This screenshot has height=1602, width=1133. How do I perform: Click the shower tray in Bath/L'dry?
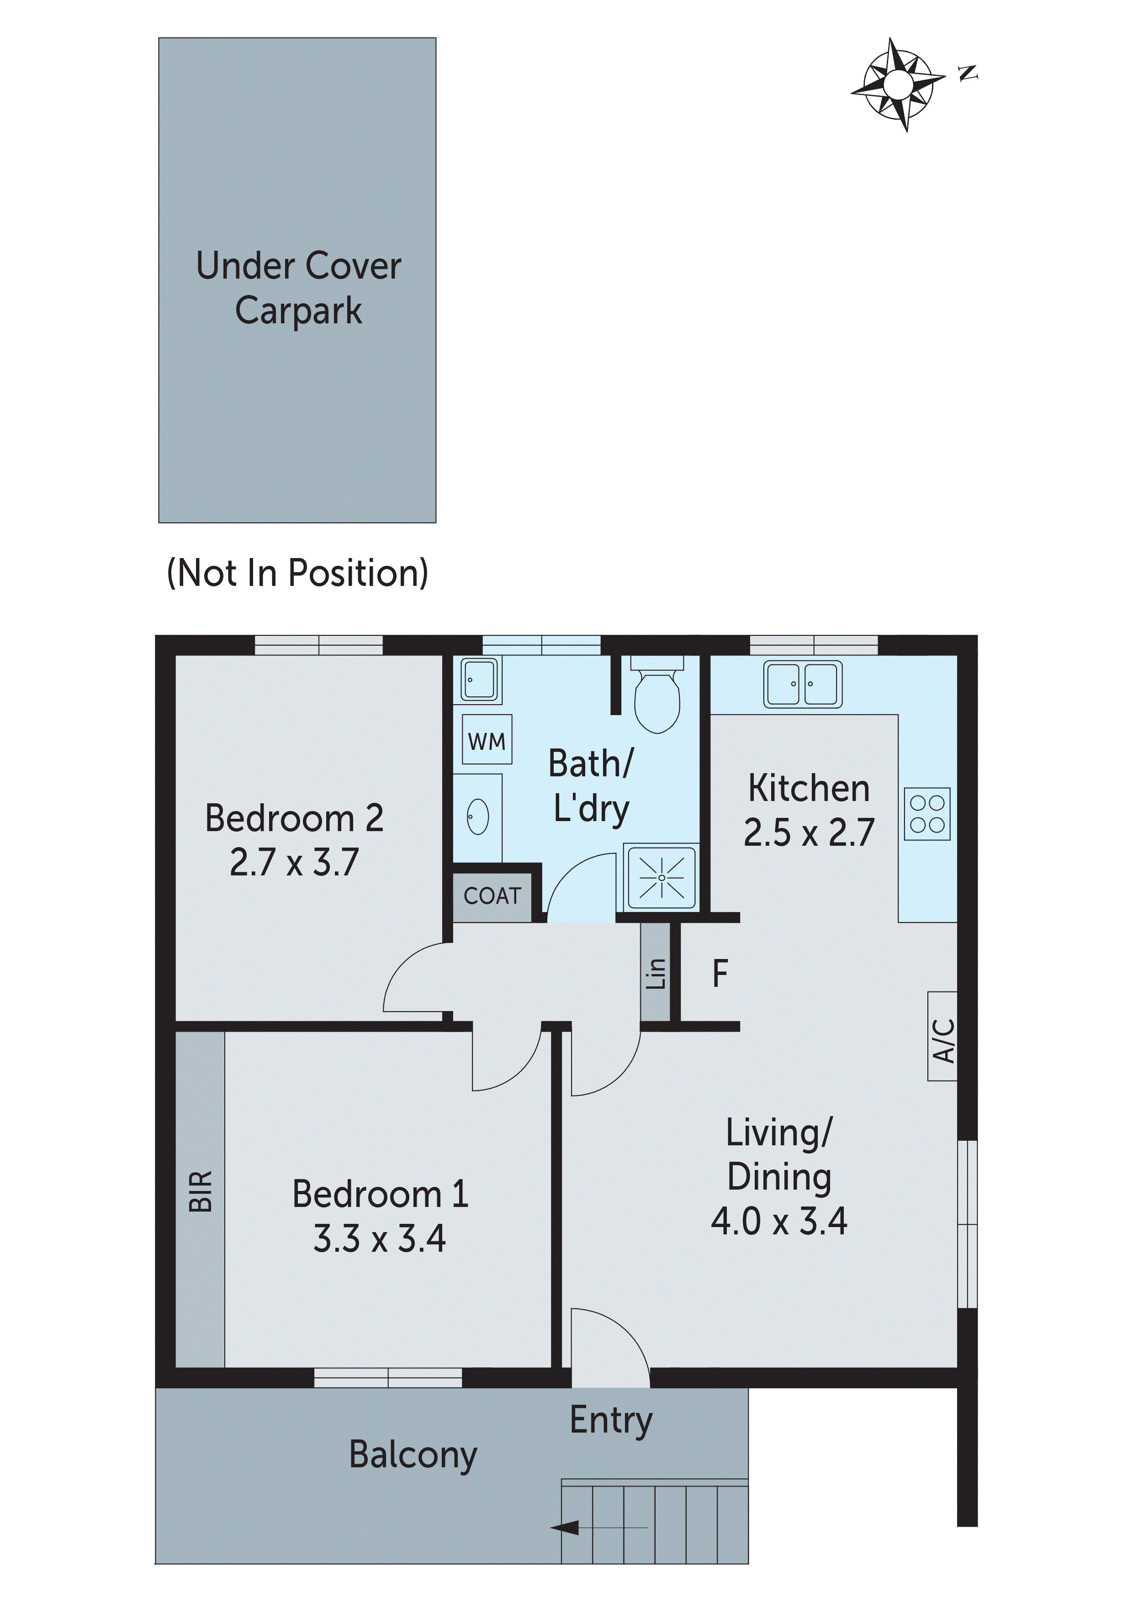661,877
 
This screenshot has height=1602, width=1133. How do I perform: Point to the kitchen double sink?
802,684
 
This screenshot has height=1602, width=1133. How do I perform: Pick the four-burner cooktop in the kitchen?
927,814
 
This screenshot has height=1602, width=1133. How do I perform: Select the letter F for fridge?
720,973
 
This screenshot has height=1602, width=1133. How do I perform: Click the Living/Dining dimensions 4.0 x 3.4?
778,1222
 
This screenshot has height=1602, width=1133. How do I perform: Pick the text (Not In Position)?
297,573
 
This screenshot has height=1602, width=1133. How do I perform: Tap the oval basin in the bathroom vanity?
477,817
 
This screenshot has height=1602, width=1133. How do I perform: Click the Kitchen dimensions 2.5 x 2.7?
808,833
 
